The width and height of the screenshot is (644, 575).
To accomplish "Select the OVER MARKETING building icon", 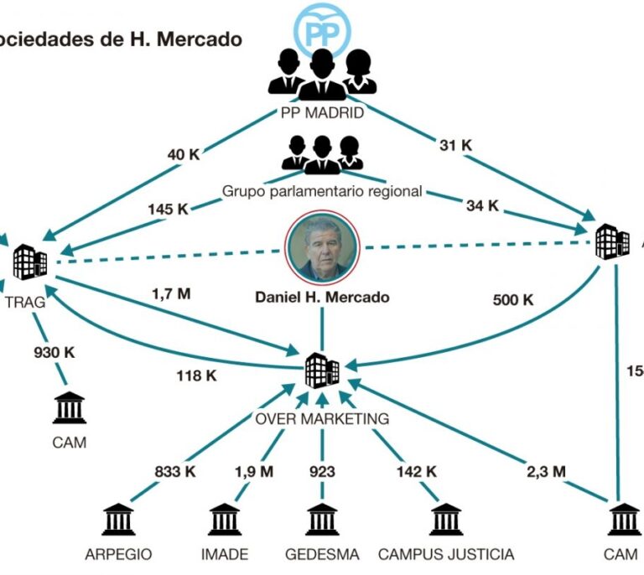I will [x=322, y=370].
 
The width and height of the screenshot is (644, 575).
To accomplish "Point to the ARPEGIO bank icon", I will [x=119, y=520].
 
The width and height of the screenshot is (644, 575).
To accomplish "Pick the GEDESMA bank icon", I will [x=322, y=520].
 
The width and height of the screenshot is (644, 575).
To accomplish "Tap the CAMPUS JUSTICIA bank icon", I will [x=445, y=520].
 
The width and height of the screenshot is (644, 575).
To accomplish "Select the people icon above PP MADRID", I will [x=322, y=75].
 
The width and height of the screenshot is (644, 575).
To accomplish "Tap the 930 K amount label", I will [x=55, y=353].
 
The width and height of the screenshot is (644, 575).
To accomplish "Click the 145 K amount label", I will [x=168, y=209].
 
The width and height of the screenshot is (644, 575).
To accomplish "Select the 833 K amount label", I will [x=174, y=472].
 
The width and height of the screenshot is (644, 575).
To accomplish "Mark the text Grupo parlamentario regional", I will [x=322, y=191].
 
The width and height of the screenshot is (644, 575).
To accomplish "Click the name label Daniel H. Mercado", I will [x=322, y=297].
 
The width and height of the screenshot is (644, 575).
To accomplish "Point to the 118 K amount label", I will [x=196, y=376].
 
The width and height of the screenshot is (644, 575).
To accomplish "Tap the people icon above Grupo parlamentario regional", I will [x=322, y=154].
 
